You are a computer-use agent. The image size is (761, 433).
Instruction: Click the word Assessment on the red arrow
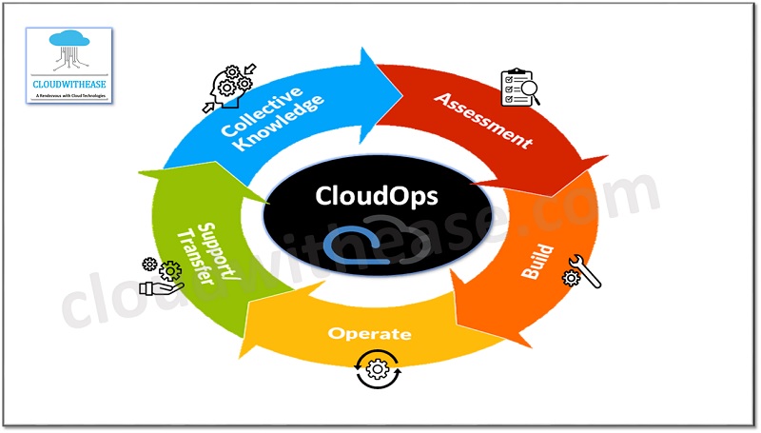(483, 121)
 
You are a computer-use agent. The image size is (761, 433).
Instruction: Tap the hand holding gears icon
(158, 278)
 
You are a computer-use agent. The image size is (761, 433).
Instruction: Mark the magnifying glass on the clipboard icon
(529, 93)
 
